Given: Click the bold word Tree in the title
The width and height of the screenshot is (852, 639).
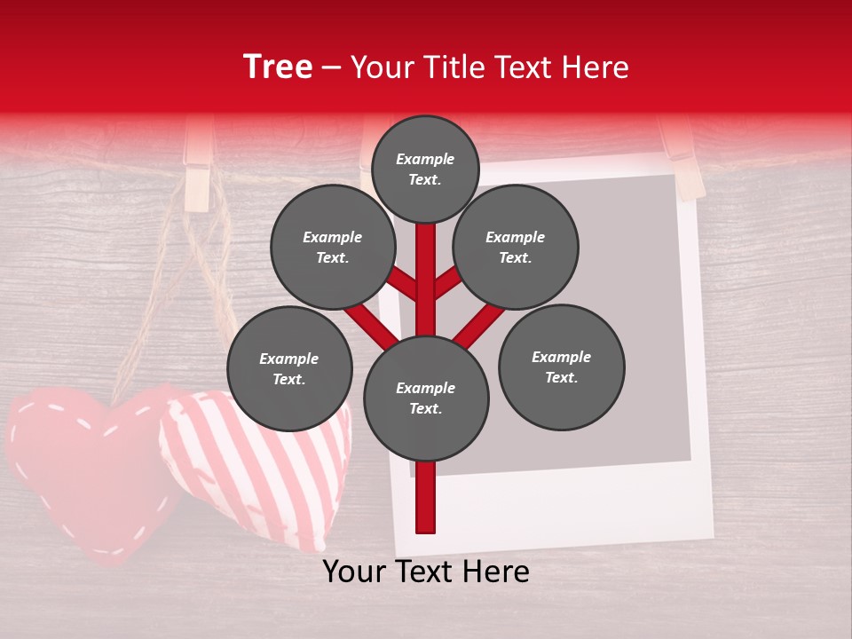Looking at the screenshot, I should coord(277,67).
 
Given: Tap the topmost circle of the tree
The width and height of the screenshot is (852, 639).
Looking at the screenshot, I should coord(425,169).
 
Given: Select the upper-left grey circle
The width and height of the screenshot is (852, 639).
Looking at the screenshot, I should coord(333,247).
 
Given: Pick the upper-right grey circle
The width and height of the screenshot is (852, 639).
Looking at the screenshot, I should coord(516,247).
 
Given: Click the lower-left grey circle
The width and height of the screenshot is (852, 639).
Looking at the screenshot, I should coord(289,368).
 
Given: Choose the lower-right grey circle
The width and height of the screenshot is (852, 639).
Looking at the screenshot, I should coord(561,367).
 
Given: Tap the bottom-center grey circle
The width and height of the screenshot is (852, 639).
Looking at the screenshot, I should coord(426,398).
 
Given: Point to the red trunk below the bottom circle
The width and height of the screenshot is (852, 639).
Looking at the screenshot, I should coord(426,497).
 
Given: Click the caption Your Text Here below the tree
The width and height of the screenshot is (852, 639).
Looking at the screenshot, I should coord(426,572).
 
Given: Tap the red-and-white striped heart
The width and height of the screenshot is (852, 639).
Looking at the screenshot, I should coord(257,461).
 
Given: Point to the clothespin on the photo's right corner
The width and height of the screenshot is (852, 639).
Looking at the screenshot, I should coord(685,160).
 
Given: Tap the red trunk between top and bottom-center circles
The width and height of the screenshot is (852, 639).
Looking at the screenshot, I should coord(426,280).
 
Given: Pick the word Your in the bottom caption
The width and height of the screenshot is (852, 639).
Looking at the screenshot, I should coord(354,572).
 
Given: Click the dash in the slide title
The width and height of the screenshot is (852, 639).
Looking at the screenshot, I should coord(331,67).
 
